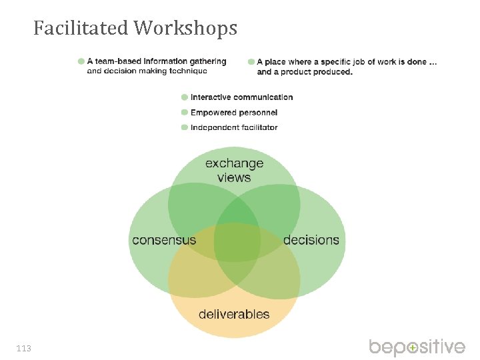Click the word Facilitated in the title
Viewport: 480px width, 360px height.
coord(81,28)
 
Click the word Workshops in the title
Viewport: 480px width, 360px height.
coord(185,28)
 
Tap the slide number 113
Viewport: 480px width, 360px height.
coord(24,348)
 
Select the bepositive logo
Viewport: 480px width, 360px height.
coord(417,347)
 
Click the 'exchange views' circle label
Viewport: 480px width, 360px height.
coord(234,170)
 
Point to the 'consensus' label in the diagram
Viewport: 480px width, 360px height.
coord(164,240)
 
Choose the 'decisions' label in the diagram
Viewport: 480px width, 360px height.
coord(311,240)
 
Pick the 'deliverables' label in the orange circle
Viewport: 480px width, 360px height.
coord(234,314)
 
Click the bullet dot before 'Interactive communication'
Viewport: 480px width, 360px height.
coord(185,97)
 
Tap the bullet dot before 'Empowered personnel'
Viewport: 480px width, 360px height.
coord(185,113)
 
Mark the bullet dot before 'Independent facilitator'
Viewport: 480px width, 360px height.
coord(185,127)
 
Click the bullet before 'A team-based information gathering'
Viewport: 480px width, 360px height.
coord(81,61)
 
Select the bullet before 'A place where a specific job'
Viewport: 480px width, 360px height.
coord(251,61)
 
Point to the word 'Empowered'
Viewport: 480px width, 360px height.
coord(213,113)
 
